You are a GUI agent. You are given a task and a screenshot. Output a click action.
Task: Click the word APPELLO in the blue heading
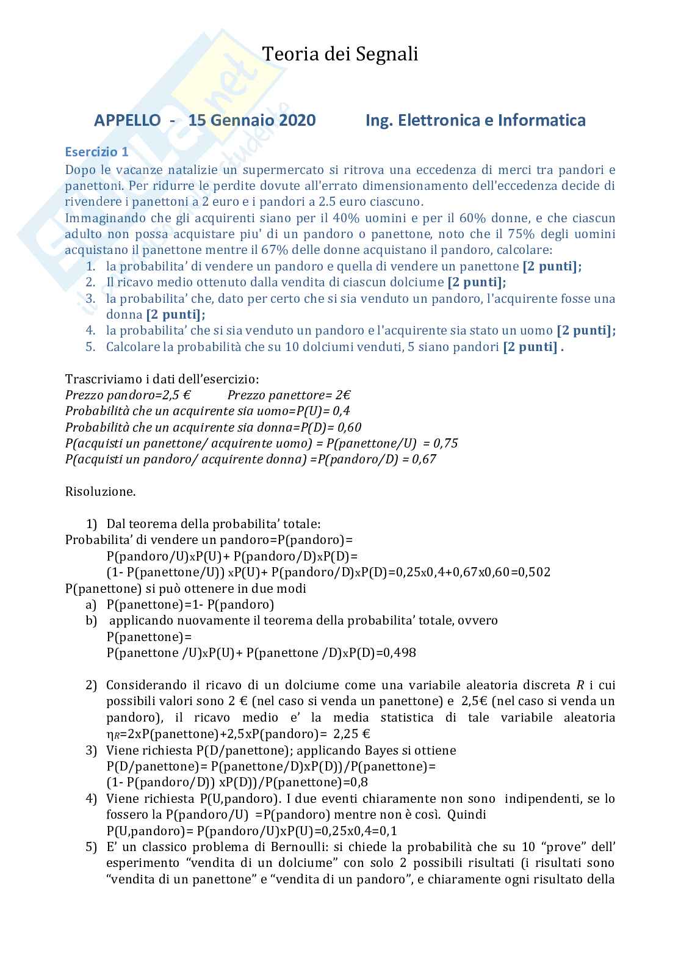[128, 120]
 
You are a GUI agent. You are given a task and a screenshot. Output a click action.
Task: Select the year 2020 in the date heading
[298, 120]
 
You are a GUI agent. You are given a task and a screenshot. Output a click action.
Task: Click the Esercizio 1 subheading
[96, 152]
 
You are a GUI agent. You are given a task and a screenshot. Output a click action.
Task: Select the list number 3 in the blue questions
[90, 299]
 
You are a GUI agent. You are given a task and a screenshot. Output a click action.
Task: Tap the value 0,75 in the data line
[444, 443]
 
